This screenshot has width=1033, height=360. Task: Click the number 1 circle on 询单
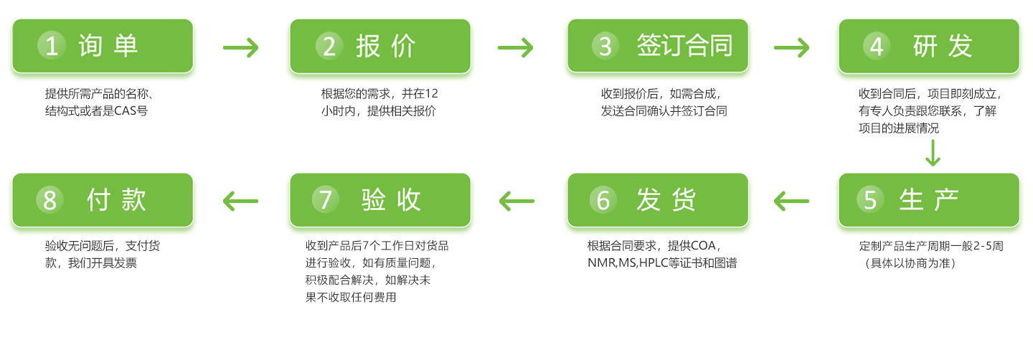click(x=52, y=46)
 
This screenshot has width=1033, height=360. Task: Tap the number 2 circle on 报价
click(x=329, y=46)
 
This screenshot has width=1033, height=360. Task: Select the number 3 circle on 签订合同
click(x=605, y=46)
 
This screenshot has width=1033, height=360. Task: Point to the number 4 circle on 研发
click(x=877, y=46)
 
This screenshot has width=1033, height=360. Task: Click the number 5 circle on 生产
click(x=870, y=199)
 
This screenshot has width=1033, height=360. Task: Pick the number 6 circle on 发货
click(x=603, y=199)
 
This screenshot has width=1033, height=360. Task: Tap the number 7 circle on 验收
click(x=326, y=199)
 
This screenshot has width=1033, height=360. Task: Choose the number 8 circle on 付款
click(x=49, y=199)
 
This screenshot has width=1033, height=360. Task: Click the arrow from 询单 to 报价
click(x=241, y=47)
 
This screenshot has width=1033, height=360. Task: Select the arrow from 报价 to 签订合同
click(x=516, y=47)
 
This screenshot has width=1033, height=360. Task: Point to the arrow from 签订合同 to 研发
click(x=791, y=47)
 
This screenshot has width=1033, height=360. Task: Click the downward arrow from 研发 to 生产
click(x=933, y=153)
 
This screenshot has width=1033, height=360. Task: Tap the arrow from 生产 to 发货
click(x=791, y=202)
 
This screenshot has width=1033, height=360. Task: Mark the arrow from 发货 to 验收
click(x=516, y=202)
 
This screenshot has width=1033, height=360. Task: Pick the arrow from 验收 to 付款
click(x=240, y=202)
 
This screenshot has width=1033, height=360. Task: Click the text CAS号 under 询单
click(x=131, y=111)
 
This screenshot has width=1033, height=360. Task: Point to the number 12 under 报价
click(x=432, y=94)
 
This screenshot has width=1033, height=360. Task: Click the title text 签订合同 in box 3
click(x=685, y=46)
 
